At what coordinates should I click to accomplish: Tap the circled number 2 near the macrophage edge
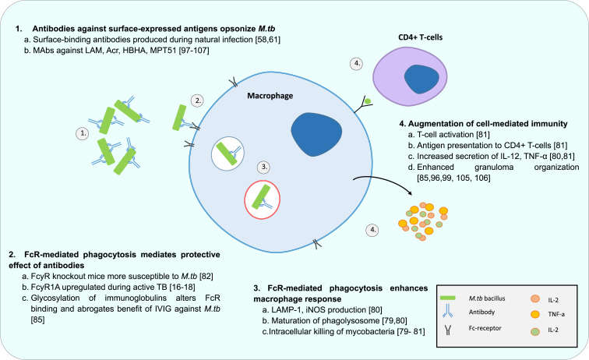[199, 101]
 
